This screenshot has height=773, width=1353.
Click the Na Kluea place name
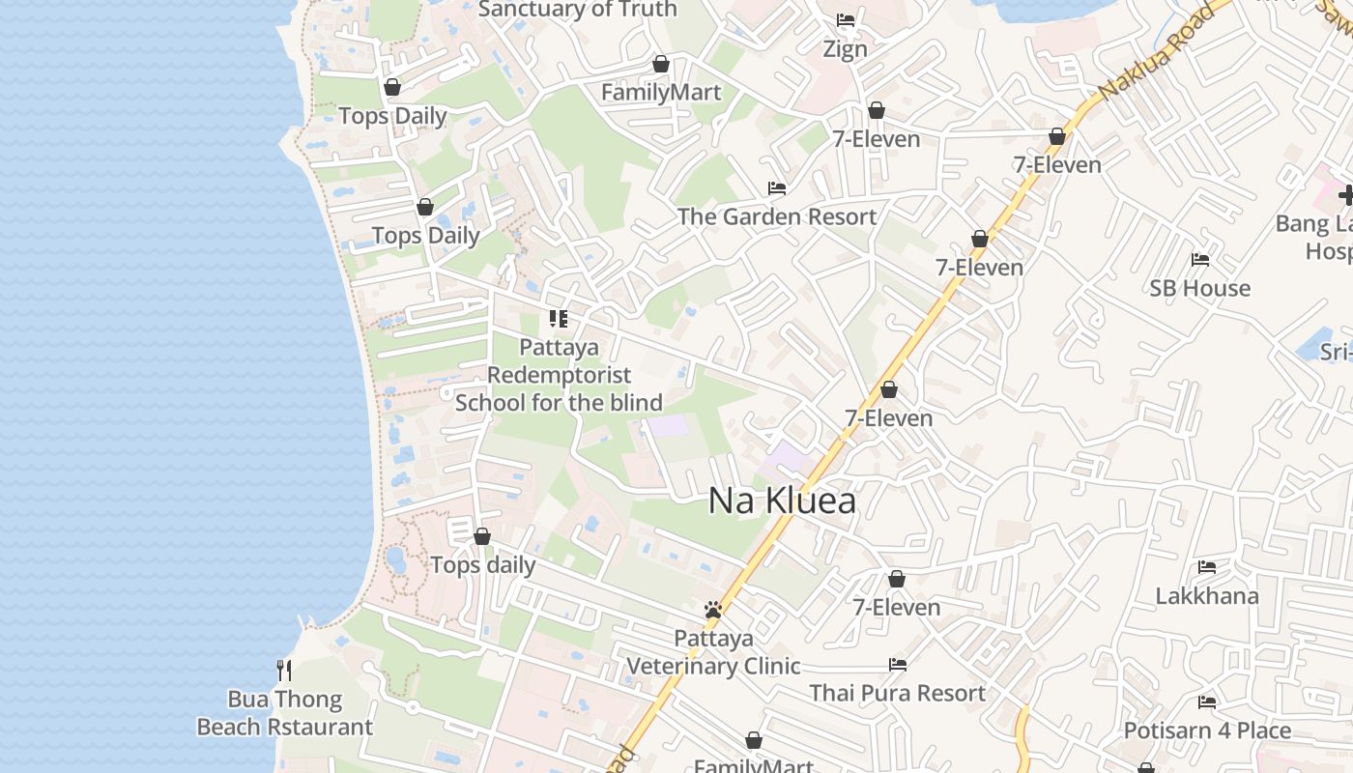tap(782, 501)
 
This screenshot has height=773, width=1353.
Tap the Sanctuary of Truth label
tap(577, 10)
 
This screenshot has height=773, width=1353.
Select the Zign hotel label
tap(845, 48)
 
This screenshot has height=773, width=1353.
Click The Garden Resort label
tap(777, 216)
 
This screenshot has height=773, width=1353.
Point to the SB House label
tap(1199, 288)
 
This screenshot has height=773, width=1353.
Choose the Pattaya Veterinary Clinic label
tap(713, 652)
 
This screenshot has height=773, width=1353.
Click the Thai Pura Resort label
tap(897, 693)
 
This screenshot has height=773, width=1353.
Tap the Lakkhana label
tap(1207, 595)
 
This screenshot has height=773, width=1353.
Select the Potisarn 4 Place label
tap(1207, 730)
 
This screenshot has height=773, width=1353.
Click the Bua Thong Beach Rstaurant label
tap(285, 713)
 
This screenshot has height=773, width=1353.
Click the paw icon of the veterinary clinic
tap(713, 610)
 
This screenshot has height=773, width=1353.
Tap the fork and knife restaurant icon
tap(284, 670)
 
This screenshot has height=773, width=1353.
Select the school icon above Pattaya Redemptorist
tap(558, 318)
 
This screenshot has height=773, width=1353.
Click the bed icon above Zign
tap(846, 19)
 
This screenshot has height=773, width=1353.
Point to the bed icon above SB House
tap(1200, 259)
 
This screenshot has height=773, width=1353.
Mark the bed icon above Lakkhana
tap(1207, 566)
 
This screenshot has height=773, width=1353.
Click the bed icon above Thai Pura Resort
tap(898, 664)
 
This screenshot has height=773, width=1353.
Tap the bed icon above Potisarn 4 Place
tap(1207, 701)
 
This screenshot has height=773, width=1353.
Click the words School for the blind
tap(559, 403)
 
